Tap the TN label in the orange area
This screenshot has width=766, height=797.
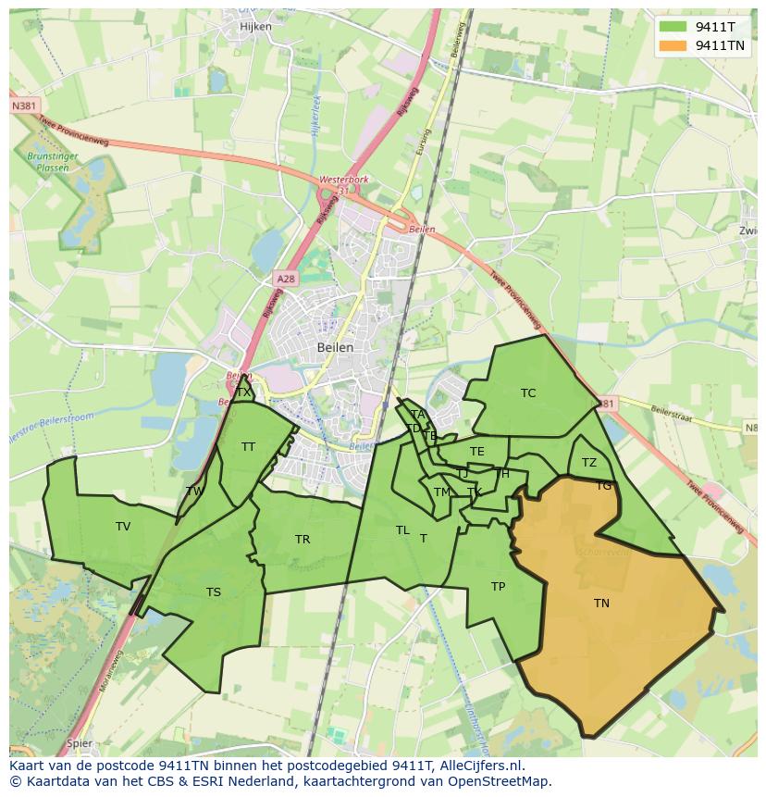pos(601,604)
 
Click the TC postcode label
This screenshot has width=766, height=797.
pos(528,393)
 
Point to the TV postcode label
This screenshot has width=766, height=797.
pos(123,527)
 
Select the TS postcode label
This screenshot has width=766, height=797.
pos(214,592)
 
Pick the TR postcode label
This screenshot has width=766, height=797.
pos(303,540)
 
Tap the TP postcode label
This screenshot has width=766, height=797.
pos(498,587)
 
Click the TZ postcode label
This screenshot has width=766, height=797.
pos(589,463)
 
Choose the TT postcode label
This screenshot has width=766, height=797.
pos(248,447)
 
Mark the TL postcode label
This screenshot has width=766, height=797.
pos(402,530)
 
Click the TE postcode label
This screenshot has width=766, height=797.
pos(477,452)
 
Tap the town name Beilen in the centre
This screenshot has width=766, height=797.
pos(335,347)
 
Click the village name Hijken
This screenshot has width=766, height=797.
pos(255,27)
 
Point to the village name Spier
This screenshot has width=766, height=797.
pos(80,742)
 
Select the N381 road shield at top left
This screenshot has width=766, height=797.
pos(25,106)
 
